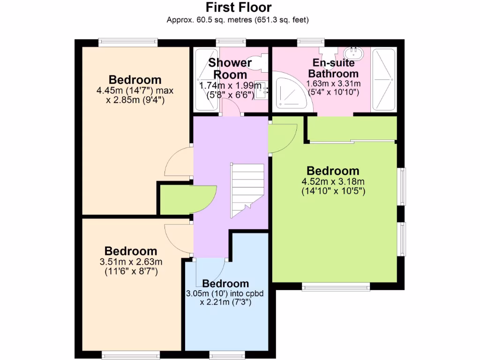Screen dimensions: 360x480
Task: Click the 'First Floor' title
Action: [239, 7]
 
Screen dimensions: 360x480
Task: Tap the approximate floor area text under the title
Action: [238, 20]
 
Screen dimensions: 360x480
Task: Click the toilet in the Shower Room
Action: [262, 61]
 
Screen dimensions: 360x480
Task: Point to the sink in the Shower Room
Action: [263, 88]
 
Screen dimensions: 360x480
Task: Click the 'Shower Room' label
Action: [230, 68]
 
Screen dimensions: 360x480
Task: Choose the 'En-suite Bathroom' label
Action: [333, 68]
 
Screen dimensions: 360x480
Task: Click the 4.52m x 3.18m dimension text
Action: [333, 187]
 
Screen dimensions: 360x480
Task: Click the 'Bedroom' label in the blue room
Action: [225, 284]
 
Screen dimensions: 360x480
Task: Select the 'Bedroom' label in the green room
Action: [333, 171]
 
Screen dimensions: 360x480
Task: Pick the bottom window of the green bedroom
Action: [336, 286]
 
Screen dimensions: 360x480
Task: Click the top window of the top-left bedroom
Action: [127, 43]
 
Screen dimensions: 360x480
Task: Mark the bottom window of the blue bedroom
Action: [226, 354]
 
